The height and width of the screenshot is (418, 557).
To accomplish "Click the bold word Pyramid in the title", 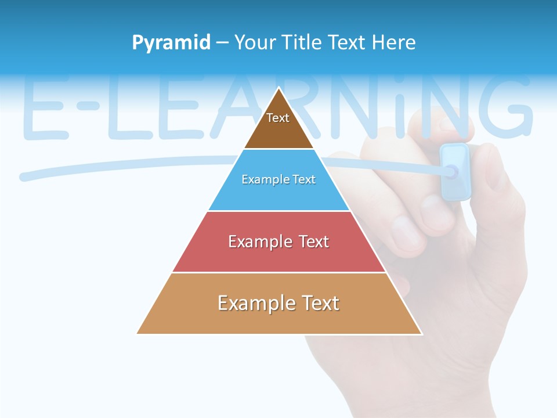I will click(x=171, y=42).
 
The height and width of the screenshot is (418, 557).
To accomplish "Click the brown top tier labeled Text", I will click(x=278, y=125).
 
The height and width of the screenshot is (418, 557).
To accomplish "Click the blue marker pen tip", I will click(x=451, y=171).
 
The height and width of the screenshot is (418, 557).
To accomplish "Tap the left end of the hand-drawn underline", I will click(x=23, y=176).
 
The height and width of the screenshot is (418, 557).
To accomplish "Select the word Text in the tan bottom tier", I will click(x=319, y=304).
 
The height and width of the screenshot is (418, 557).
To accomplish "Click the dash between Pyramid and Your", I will click(x=222, y=43).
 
